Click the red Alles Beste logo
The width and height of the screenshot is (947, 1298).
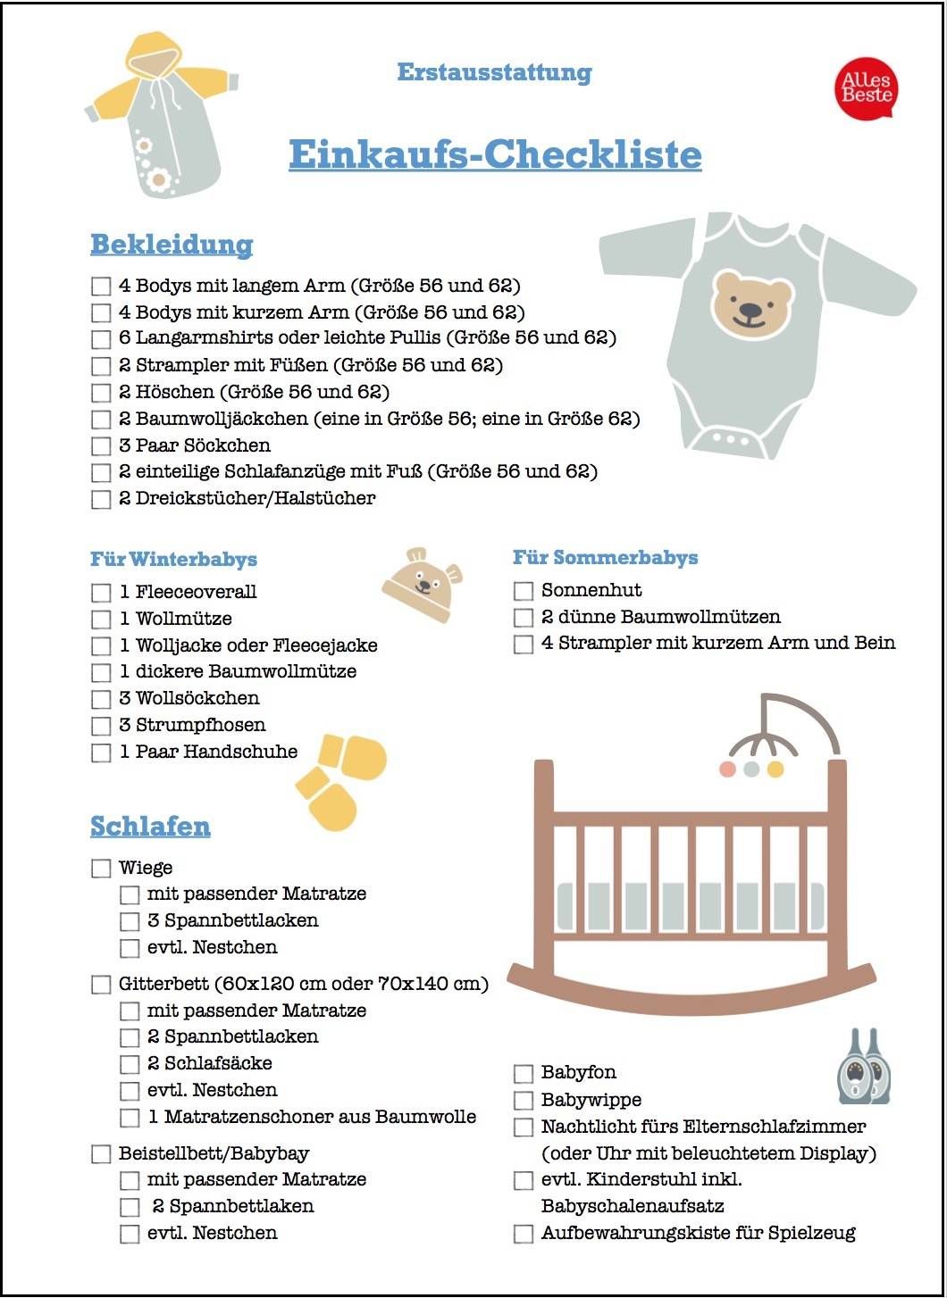866,87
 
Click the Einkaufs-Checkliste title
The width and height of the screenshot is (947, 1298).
495,154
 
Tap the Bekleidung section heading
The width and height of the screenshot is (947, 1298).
172,244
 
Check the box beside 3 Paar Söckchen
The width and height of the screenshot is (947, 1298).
101,445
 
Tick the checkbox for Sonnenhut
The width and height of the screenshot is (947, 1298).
524,591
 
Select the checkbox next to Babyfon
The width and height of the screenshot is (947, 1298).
524,1073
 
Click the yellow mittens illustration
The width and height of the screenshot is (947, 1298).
340,779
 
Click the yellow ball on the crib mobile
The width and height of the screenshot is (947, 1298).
775,769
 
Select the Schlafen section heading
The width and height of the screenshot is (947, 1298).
150,826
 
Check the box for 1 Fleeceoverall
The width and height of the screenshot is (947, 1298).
101,593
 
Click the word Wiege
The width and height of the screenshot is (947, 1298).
146,868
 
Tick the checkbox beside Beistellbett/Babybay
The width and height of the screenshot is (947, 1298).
101,1154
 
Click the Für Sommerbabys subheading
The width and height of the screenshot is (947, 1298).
605,558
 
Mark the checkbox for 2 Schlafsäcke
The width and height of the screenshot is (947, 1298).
130,1064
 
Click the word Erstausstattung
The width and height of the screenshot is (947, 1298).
494,72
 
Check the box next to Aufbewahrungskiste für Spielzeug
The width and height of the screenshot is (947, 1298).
524,1234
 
